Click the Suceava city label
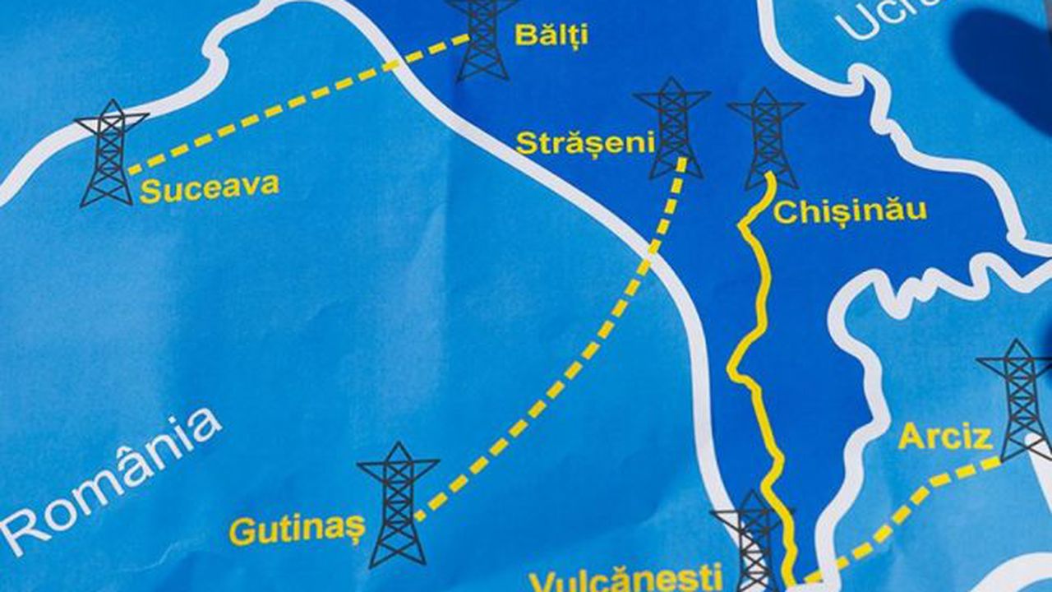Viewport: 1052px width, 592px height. (209, 188)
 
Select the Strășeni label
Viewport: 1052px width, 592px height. (584, 143)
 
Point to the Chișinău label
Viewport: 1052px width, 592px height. (850, 211)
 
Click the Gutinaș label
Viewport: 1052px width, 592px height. (296, 530)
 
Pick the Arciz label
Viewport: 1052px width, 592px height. (945, 437)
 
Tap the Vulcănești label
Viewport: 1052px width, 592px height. (626, 576)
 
